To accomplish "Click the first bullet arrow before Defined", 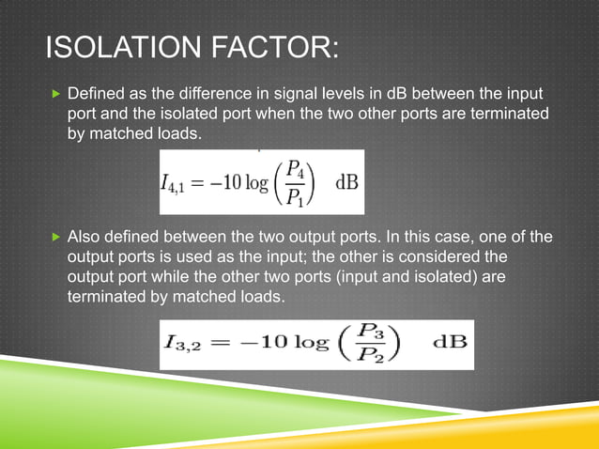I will (x=54, y=94).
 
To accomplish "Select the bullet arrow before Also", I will (x=54, y=235).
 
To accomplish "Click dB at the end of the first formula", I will (x=345, y=181).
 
